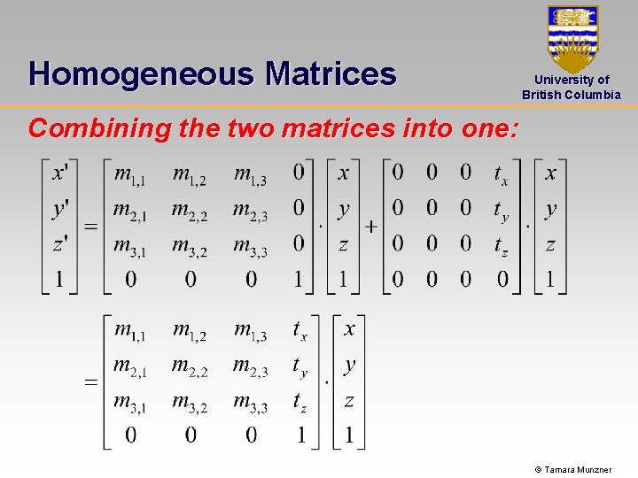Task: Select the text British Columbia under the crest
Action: (572, 95)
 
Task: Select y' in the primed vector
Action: (60, 210)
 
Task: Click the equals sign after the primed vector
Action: (90, 227)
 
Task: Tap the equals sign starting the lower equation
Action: (90, 382)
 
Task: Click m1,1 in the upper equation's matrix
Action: (130, 174)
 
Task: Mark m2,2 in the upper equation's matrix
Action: (190, 212)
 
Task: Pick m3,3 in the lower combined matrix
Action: (251, 403)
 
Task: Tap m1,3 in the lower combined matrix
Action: (251, 331)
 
